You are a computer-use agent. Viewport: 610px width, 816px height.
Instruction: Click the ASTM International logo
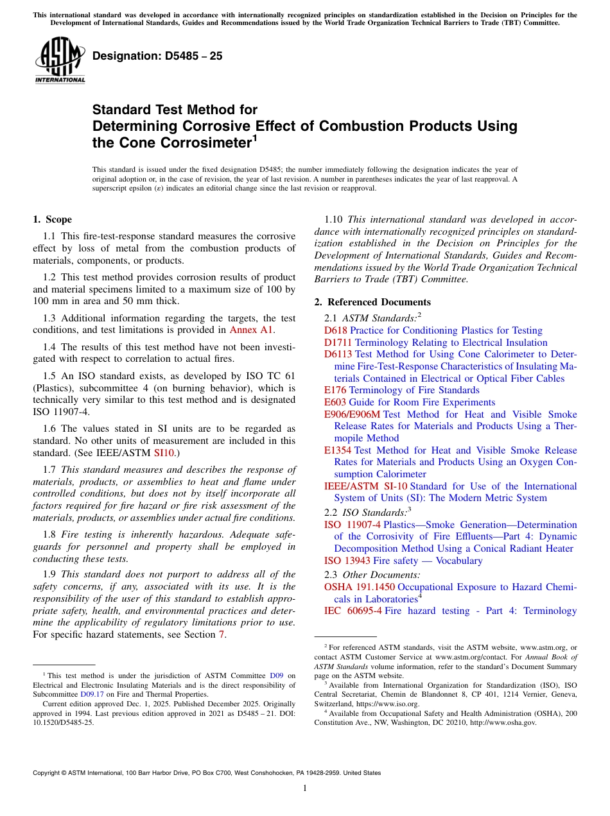(60, 61)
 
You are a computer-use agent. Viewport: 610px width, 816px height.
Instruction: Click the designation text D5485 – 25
(157, 56)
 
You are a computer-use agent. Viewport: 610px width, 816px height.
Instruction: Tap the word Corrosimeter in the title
(200, 142)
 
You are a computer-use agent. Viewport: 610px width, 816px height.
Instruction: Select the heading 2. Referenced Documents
(372, 302)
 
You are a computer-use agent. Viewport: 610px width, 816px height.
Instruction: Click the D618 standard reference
(336, 330)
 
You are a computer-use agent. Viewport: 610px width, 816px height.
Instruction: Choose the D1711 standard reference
(338, 343)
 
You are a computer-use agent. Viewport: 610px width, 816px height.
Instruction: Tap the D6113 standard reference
(338, 354)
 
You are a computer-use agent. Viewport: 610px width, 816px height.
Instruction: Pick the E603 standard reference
(336, 402)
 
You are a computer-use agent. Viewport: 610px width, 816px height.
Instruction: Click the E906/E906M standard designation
(352, 414)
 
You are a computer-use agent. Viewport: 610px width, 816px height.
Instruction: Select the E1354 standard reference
(338, 450)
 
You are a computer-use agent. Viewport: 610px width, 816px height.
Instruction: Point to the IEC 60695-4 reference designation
(353, 611)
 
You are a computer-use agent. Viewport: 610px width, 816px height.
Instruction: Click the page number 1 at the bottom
(305, 788)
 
